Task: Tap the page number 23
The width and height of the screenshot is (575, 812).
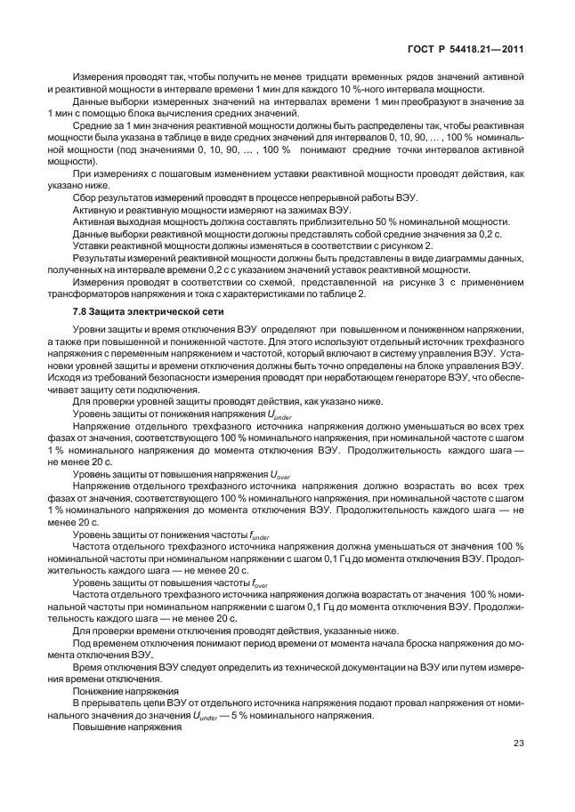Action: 519,744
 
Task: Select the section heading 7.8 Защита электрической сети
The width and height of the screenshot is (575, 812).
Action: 142,313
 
